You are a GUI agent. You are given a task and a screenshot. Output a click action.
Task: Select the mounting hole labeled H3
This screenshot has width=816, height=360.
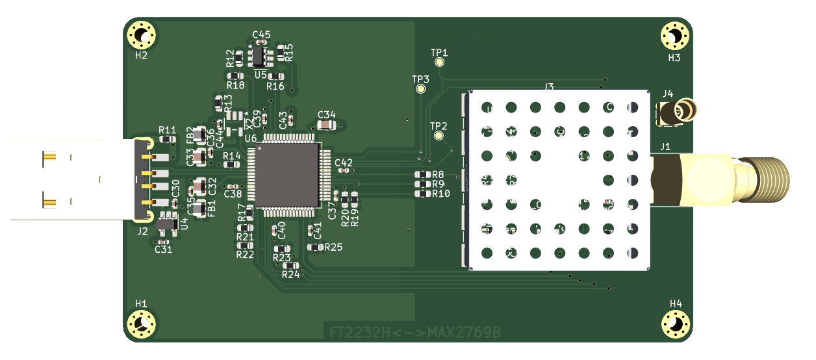[674, 36]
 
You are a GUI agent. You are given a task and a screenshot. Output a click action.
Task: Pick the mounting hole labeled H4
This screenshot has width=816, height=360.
[676, 324]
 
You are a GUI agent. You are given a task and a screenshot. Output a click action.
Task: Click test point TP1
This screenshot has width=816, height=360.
[440, 62]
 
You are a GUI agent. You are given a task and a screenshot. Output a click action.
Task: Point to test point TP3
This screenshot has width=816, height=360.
[421, 88]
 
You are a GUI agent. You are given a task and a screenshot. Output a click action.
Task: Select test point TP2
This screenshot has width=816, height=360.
[439, 136]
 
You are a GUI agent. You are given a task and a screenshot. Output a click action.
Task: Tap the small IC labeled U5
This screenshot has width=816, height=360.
[259, 57]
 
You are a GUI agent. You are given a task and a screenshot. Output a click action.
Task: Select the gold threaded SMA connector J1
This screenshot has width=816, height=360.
[721, 179]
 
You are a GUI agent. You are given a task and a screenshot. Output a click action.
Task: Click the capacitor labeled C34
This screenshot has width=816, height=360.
[327, 124]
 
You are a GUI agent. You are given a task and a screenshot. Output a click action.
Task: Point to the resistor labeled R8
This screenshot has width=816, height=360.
[423, 174]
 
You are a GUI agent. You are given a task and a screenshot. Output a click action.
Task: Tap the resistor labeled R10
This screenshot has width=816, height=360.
[423, 194]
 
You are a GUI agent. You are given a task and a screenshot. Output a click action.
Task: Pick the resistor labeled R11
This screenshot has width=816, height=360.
[168, 138]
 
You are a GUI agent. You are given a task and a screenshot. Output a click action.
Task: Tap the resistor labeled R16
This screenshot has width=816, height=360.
[275, 77]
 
